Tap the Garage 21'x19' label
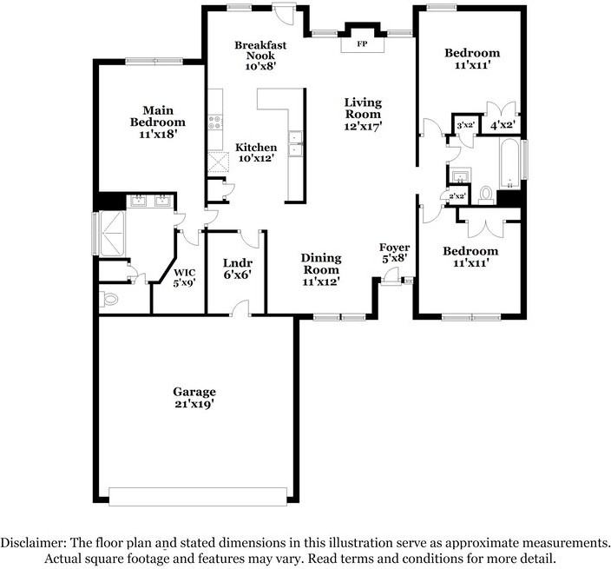tap(194, 398)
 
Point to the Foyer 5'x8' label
tap(394, 254)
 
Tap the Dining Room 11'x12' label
tap(320, 269)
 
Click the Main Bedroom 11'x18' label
tap(158, 122)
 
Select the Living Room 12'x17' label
tap(363, 114)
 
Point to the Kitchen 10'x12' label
tap(256, 153)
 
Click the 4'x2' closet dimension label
tap(503, 126)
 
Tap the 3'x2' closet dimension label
tap(464, 126)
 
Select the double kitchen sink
tap(295, 143)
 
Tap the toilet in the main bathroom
tap(108, 298)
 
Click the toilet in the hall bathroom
tap(486, 193)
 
